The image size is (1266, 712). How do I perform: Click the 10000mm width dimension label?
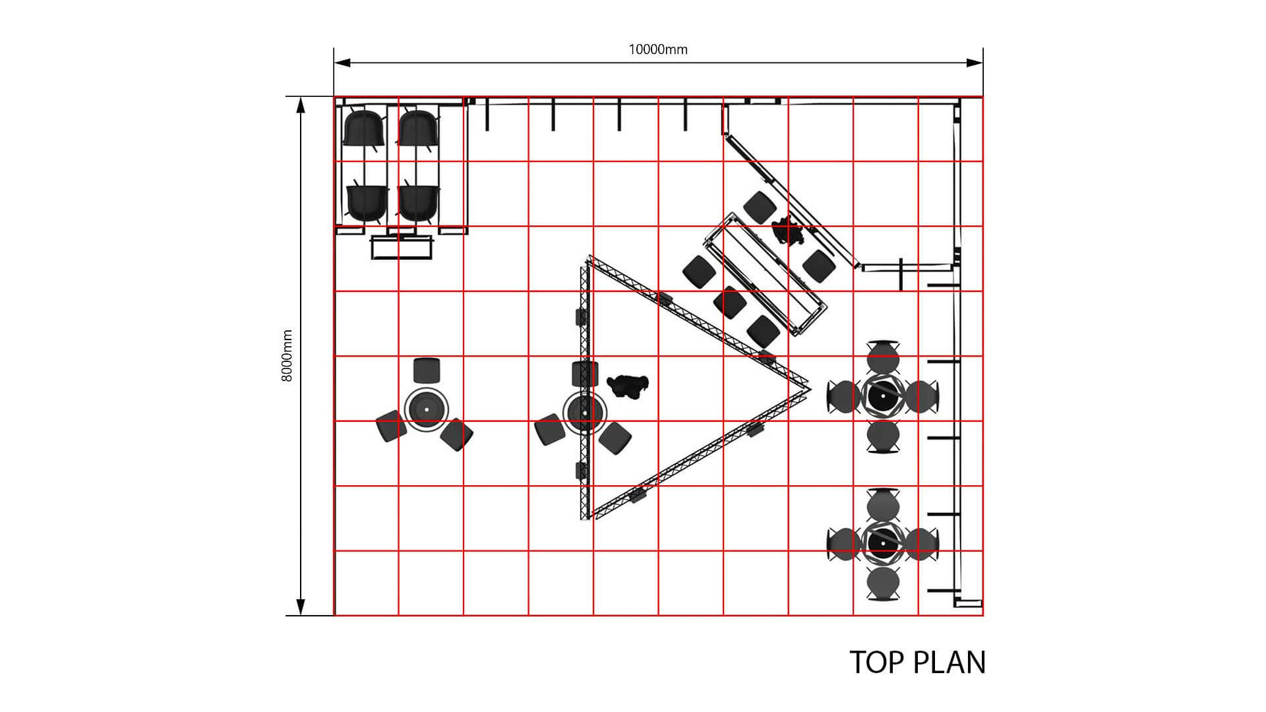[657, 49]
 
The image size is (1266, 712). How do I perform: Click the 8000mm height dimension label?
[287, 356]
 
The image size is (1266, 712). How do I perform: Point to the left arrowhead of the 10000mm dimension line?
[342, 63]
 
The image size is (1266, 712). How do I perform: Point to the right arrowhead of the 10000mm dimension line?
[975, 63]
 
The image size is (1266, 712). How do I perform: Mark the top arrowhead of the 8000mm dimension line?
[301, 105]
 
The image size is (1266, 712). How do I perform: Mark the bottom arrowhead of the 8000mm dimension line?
[301, 607]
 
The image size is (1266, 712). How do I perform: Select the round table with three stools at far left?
[426, 410]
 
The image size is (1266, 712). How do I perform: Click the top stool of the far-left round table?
[426, 371]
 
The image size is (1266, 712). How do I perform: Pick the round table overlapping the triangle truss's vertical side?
[584, 413]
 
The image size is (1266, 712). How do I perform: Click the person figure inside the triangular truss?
[628, 385]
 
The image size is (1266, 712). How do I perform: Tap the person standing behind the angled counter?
[789, 231]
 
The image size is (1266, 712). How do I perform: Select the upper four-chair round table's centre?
[883, 396]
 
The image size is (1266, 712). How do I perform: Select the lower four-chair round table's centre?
[883, 544]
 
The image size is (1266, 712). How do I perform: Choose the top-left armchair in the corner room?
[364, 129]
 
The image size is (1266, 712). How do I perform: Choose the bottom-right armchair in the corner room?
[419, 202]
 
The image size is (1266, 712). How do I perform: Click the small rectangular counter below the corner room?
[402, 247]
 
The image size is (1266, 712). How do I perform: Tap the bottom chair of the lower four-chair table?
[883, 584]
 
